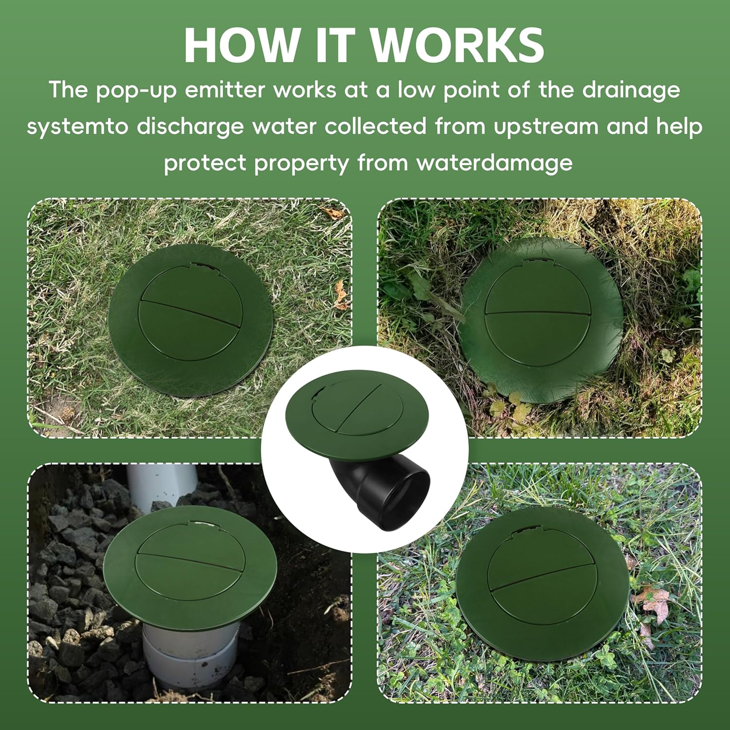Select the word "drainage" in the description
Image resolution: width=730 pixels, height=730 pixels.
tap(631, 91)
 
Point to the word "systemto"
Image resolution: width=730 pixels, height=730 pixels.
tap(77, 127)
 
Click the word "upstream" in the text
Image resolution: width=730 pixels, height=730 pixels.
tap(546, 128)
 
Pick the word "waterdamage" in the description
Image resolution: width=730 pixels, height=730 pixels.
tap(494, 163)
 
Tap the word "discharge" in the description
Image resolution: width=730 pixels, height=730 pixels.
tap(190, 127)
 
